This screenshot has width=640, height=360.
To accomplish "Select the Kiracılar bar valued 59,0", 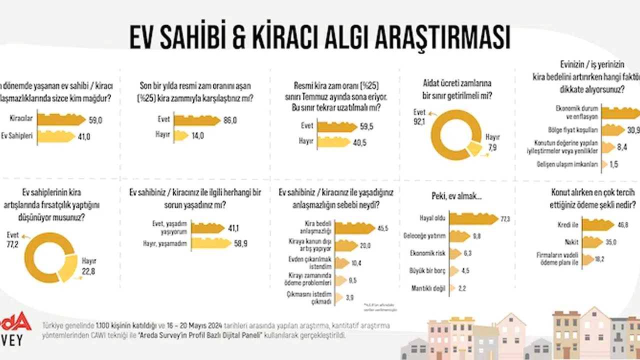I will [x=61, y=120].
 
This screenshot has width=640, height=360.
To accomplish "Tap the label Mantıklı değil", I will [x=428, y=288].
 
